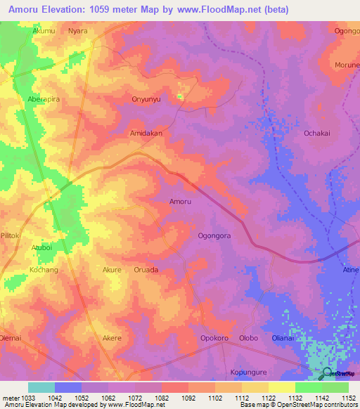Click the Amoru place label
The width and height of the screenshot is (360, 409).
click(181, 202)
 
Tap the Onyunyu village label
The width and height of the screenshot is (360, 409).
click(147, 99)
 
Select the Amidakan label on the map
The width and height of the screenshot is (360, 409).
click(146, 133)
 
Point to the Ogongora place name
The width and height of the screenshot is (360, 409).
click(214, 236)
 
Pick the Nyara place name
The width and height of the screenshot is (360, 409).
click(78, 31)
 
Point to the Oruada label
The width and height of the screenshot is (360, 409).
click(146, 270)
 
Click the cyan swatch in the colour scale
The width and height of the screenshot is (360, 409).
click(41, 387)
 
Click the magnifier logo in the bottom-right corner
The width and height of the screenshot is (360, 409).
click(328, 372)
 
